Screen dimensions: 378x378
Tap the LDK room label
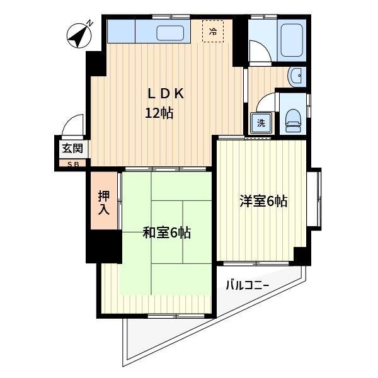click(x=165, y=94)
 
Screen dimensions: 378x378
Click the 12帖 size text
click(x=159, y=114)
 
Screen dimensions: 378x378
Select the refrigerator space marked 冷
click(x=213, y=31)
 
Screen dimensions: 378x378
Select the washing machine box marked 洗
click(x=260, y=122)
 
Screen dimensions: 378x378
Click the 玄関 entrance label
click(x=71, y=149)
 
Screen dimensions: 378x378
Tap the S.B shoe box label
click(x=71, y=164)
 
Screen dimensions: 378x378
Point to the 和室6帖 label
click(x=166, y=233)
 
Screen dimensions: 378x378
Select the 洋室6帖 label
click(x=263, y=202)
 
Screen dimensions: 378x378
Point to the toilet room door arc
click(x=266, y=103)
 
